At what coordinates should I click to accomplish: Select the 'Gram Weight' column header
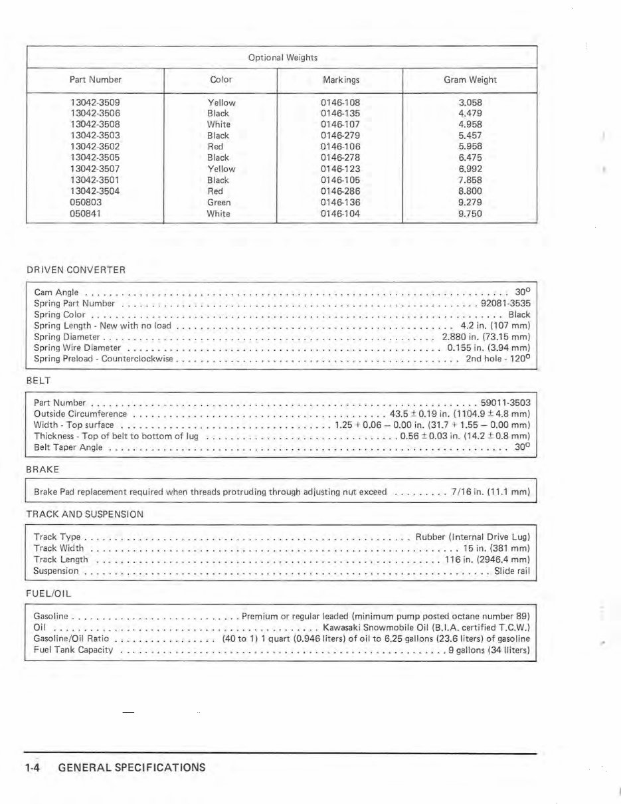click(x=470, y=80)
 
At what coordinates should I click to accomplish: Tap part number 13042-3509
click(x=95, y=102)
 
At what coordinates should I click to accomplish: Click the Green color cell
click(x=219, y=202)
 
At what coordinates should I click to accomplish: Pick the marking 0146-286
click(x=340, y=191)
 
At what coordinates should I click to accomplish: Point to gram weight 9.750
click(x=470, y=213)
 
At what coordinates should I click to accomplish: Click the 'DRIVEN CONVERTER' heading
click(x=76, y=270)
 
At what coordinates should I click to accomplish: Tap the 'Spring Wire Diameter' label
click(x=77, y=348)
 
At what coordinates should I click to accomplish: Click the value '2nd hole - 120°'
click(x=497, y=359)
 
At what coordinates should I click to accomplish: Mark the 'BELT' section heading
click(x=39, y=381)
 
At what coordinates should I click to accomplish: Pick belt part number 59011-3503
click(x=505, y=403)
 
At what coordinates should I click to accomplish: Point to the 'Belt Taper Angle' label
click(x=68, y=447)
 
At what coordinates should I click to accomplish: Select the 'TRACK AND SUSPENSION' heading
click(x=84, y=514)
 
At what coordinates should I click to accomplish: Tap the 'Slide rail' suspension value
click(x=512, y=571)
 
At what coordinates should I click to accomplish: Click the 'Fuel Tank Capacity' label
click(x=73, y=649)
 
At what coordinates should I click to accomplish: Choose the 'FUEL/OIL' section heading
click(x=48, y=593)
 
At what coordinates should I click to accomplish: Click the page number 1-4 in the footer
click(x=33, y=767)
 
